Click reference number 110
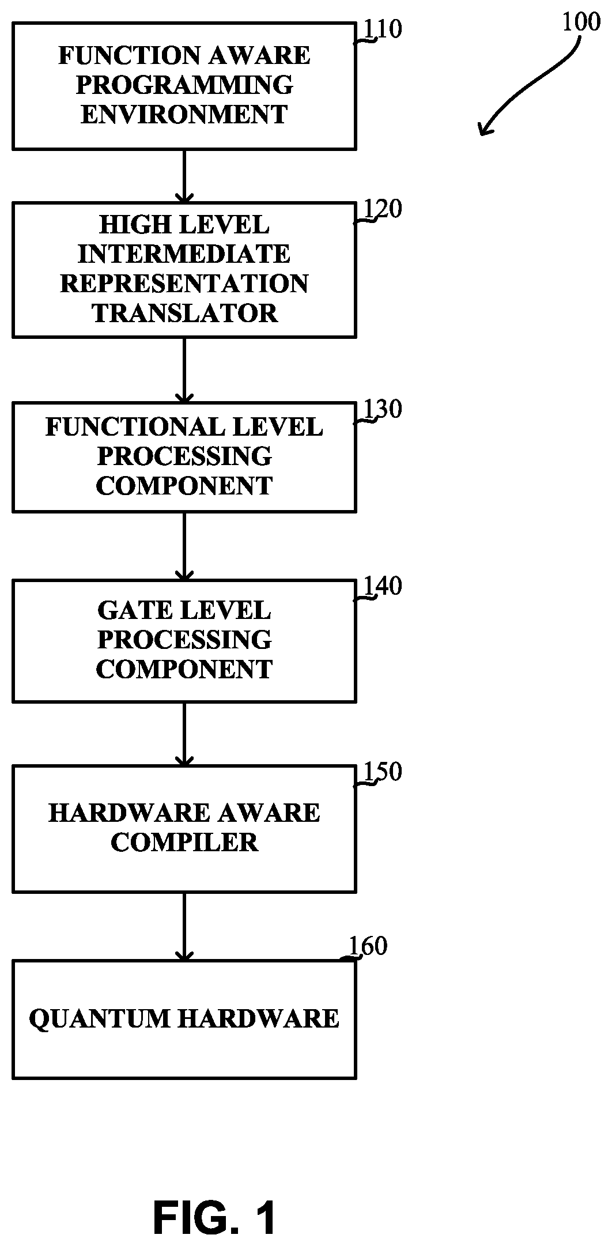point(381,29)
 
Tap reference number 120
point(381,209)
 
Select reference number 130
point(381,409)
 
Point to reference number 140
point(381,586)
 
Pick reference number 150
point(381,772)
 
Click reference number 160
point(368,946)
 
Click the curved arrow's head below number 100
point(484,130)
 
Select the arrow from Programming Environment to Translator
point(184,176)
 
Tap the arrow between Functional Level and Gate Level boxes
point(184,546)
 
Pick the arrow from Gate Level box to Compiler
point(184,734)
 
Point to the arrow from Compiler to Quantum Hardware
point(184,926)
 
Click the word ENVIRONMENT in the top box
point(184,114)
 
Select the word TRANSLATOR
point(185,313)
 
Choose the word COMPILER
point(184,842)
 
